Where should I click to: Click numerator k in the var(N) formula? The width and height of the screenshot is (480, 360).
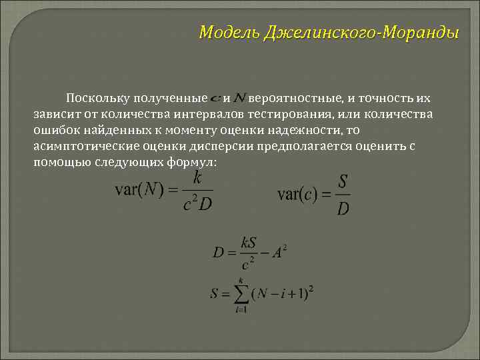coord(197,178)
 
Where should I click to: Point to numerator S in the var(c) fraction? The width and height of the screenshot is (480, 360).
coord(343,182)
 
